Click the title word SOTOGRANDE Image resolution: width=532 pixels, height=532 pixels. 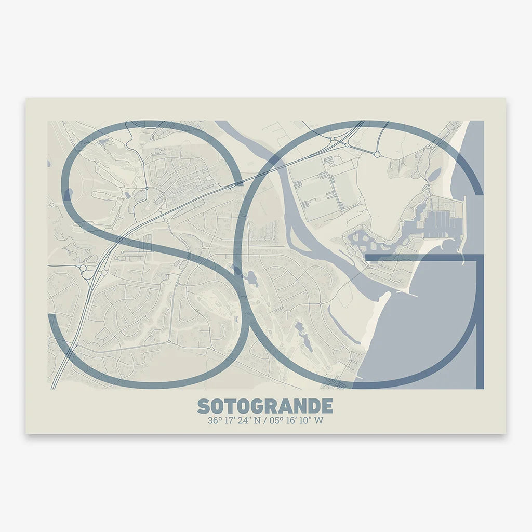[265, 406]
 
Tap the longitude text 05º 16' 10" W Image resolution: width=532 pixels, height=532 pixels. [296, 421]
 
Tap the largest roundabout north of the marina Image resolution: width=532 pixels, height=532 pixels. [377, 154]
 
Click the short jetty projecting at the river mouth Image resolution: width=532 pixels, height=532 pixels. [410, 295]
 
